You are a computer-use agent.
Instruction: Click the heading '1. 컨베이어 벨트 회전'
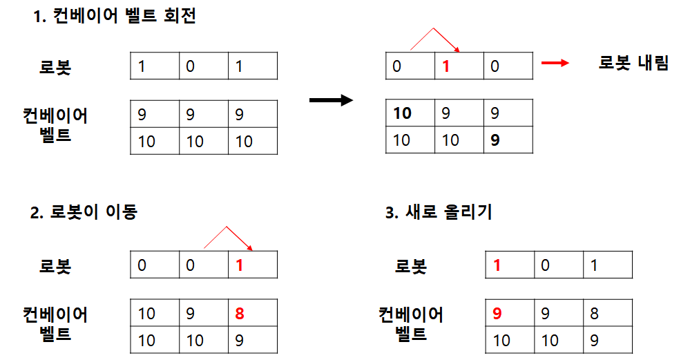[114, 17]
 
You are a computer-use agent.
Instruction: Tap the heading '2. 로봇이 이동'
[84, 212]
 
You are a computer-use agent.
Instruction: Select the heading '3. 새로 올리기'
[439, 212]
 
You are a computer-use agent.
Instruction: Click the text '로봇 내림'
[633, 64]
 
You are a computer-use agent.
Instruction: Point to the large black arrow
[331, 101]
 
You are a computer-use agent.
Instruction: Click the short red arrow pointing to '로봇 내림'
[555, 64]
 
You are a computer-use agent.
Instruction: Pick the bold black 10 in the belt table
[402, 113]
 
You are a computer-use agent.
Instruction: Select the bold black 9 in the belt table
[495, 140]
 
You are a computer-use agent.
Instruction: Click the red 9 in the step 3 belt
[497, 313]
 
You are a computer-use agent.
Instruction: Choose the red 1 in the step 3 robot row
[497, 265]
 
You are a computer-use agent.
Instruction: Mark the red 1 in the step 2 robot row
[239, 265]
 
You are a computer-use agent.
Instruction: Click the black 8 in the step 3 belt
[595, 313]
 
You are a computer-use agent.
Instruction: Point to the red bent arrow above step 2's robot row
[228, 238]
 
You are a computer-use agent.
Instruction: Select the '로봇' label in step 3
[410, 266]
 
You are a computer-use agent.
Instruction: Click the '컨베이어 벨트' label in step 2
[55, 325]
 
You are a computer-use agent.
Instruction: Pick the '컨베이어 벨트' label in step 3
[410, 325]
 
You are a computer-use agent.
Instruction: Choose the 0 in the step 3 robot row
[546, 265]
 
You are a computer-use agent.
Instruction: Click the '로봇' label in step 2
[55, 266]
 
